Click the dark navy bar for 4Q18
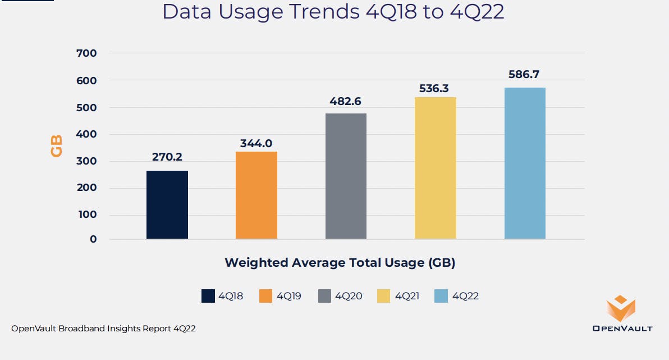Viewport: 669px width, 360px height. pos(167,205)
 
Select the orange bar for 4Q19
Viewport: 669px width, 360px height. pos(256,195)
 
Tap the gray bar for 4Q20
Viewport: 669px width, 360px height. pos(346,176)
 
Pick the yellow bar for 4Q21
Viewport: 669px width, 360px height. pos(436,168)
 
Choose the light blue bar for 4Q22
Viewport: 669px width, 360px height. pos(525,163)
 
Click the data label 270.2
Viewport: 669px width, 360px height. pos(167,157)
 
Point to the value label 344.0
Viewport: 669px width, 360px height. pos(256,143)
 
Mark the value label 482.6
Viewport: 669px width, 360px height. pos(346,102)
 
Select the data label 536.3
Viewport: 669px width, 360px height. pos(436,88)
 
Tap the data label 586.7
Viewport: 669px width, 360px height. pos(525,74)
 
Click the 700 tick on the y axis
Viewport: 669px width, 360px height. pos(86,53)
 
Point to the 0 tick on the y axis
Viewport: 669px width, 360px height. pos(93,239)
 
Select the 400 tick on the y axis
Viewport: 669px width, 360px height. pos(86,134)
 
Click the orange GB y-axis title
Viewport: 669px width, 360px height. pos(57,145)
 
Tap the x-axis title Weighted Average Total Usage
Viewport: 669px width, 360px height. pos(340,262)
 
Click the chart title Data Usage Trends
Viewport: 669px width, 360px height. pos(333,12)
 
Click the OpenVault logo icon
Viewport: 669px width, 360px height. pos(621,309)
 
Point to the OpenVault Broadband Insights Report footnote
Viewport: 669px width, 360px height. pos(103,329)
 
